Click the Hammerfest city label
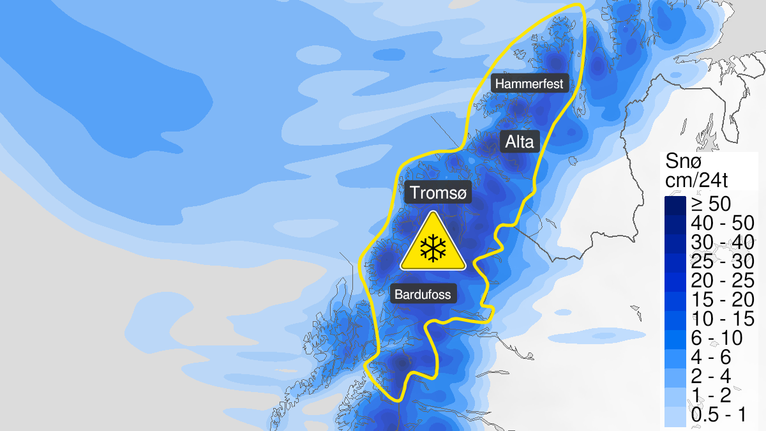[529, 84]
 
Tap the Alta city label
[519, 142]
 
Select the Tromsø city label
[439, 192]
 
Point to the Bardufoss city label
[423, 294]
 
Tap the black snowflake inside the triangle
[433, 248]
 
